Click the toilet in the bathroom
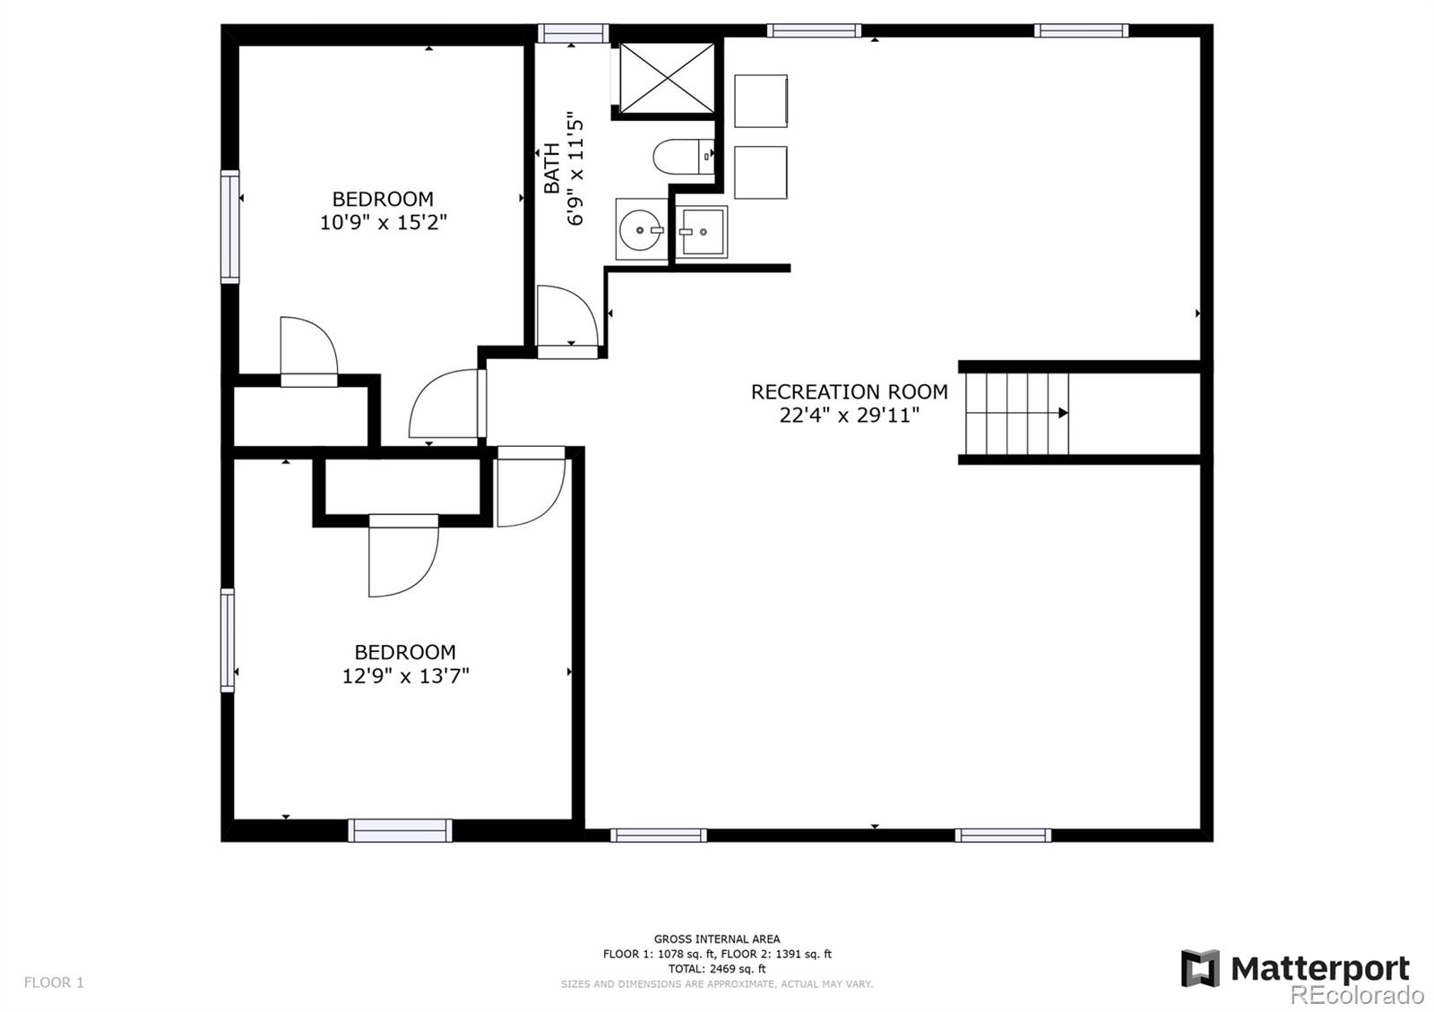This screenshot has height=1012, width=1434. coord(683,157)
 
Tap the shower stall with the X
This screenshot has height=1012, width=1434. coord(667,78)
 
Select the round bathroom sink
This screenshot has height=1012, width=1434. coord(641,229)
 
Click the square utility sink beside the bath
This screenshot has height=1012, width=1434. coord(701,231)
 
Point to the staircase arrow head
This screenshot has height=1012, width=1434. coord(1063,413)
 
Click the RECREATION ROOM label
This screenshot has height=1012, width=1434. coord(849,391)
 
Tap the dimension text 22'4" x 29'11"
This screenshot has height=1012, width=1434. coord(849,416)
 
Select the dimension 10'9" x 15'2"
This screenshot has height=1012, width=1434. coord(383,222)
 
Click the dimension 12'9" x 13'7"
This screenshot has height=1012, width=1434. coord(405,675)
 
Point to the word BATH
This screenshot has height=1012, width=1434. coord(551,167)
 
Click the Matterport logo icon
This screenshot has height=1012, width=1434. coord(1200,968)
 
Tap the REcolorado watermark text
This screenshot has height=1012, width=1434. coord(1357,995)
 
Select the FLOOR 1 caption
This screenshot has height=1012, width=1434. coord(54,982)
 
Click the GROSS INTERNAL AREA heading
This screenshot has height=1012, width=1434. coord(717,939)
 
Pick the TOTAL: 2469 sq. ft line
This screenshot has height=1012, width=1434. coord(717,968)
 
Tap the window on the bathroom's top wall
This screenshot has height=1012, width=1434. coord(573,32)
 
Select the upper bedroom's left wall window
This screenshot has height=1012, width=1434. coord(229,227)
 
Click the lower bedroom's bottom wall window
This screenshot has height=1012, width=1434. coord(400,830)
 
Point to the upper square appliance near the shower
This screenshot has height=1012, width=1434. coord(761,101)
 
